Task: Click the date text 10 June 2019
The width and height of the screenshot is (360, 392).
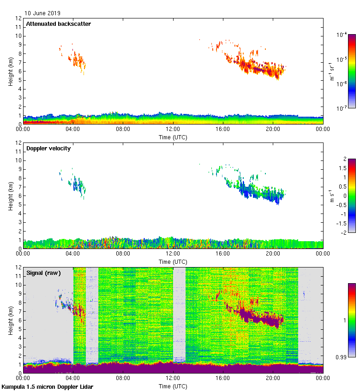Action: tap(42, 13)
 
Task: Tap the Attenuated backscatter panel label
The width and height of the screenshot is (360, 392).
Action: tap(58, 24)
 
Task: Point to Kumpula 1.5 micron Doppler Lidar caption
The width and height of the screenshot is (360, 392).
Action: tap(48, 386)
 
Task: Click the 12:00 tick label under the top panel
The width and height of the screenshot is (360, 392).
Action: tap(173, 130)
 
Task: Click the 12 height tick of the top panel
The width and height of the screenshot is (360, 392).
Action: tap(18, 18)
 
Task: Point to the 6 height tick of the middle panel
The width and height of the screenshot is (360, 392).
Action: tap(20, 196)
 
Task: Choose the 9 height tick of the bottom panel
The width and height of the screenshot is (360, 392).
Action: tap(20, 294)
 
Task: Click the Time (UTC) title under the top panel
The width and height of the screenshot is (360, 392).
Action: tap(173, 137)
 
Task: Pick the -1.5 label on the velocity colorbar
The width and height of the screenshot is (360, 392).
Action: tap(340, 223)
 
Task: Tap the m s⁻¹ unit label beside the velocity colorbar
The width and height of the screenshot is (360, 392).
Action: tap(332, 196)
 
